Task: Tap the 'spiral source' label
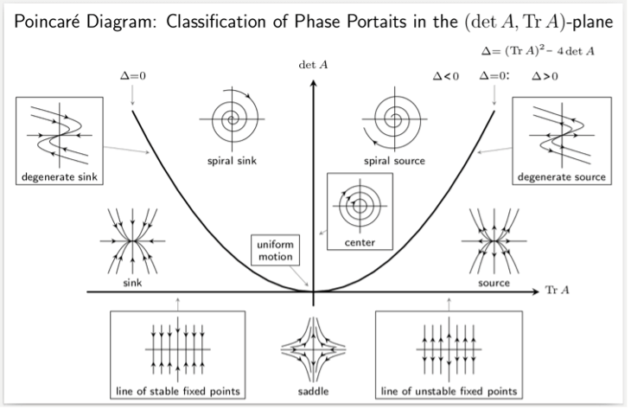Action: click(393, 160)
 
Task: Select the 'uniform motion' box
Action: click(274, 252)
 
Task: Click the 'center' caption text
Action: click(360, 242)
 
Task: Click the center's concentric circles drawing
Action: click(360, 206)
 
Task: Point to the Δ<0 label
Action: click(446, 77)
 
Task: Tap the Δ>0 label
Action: click(545, 77)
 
